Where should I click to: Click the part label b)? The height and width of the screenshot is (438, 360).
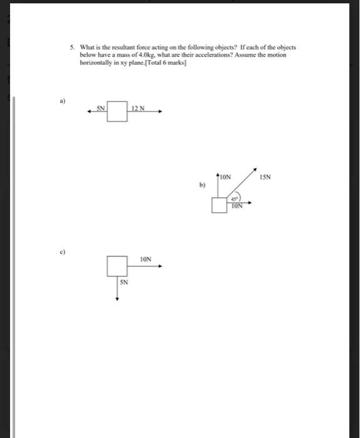202,185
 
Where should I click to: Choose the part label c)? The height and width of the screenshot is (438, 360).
63,252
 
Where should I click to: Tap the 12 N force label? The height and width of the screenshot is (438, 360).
138,109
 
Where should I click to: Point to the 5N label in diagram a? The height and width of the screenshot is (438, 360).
101,108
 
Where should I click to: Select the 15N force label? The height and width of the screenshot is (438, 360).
265,177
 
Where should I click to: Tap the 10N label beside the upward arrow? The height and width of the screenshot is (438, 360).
225,177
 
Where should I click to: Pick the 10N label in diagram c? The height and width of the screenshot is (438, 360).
145,258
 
